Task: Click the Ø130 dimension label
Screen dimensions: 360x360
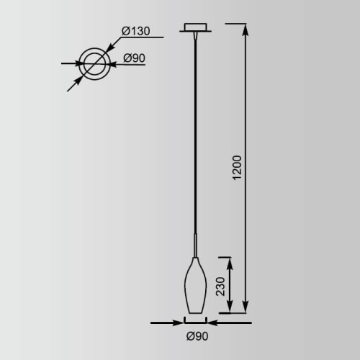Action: coord(135,31)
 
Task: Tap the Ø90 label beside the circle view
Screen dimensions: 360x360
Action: coord(134,58)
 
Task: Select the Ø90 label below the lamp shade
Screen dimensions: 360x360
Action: coord(197,336)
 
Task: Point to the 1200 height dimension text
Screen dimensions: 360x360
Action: coord(237,168)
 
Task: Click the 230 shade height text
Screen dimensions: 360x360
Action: coord(220,287)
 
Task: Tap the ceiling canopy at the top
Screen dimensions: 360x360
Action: coord(195,27)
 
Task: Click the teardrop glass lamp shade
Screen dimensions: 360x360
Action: coord(195,285)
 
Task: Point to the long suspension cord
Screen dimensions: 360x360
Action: coord(195,135)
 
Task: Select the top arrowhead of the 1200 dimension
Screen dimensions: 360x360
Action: coord(246,30)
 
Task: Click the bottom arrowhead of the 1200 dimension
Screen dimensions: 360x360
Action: coord(245,306)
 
